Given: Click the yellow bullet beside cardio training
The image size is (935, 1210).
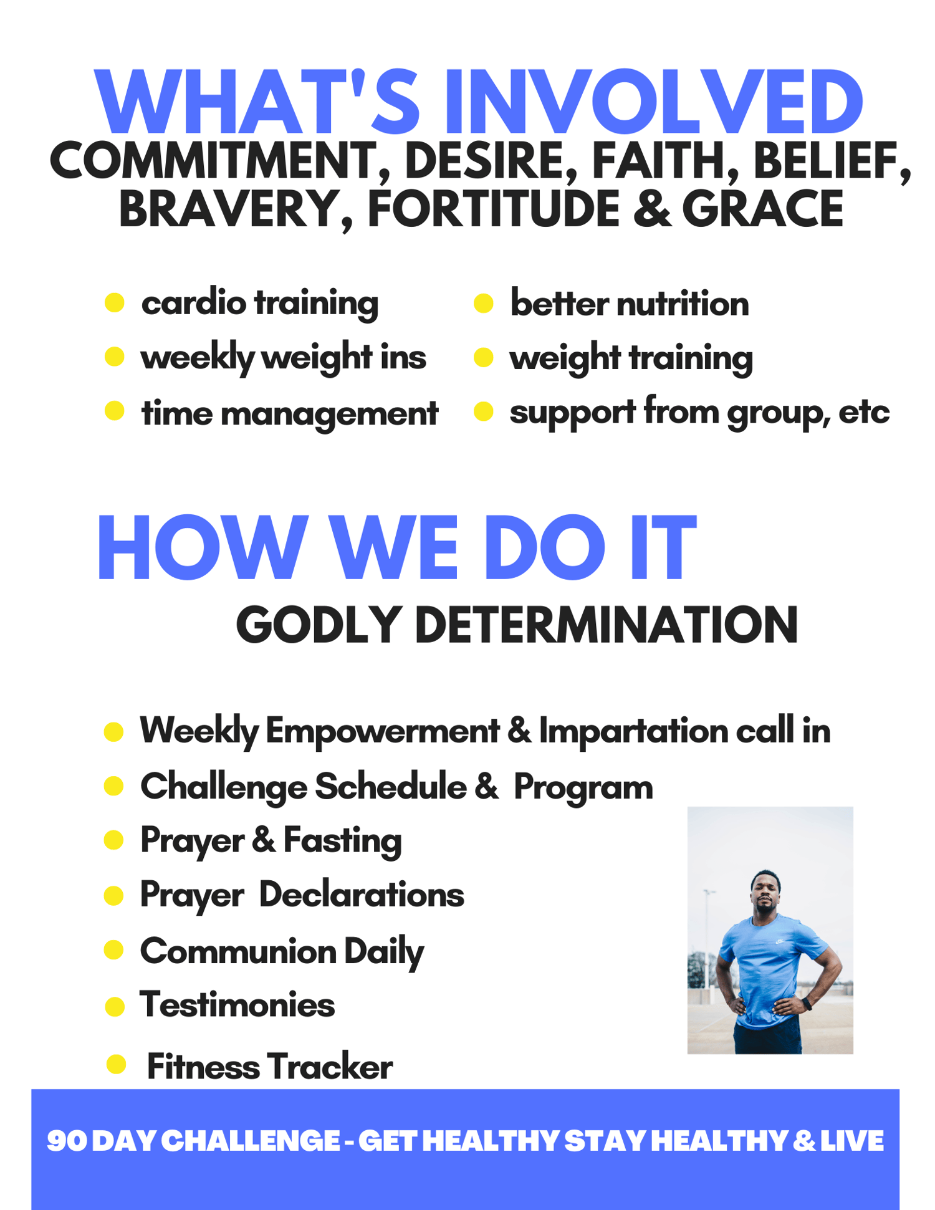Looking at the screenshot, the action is tap(115, 303).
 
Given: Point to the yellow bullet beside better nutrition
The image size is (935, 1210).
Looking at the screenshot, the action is tap(483, 304).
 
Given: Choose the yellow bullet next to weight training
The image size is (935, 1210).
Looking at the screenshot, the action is tap(483, 358).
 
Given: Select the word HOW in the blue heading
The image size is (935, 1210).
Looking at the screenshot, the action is tap(203, 549).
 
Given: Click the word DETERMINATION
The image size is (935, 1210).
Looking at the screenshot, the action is tap(606, 625).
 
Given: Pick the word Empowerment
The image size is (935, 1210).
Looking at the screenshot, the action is tap(382, 731).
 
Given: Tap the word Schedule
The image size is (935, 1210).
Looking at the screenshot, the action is tap(390, 787).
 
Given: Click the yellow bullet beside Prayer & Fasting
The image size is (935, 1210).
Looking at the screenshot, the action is tap(113, 840).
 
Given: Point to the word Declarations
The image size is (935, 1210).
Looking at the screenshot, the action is tap(362, 895).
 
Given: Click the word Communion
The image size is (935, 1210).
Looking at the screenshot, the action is tap(238, 951).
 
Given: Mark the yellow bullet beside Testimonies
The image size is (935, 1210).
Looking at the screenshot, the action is tap(115, 1006).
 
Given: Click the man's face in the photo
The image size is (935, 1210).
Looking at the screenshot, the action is tap(765, 892).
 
